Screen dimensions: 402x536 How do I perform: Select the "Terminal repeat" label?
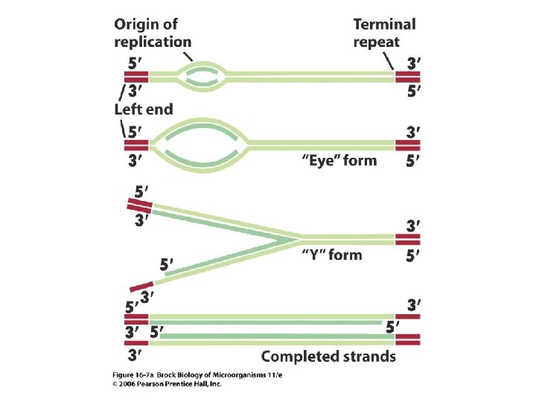(x=385, y=33)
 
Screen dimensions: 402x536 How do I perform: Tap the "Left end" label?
(x=144, y=109)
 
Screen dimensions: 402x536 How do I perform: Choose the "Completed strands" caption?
(x=328, y=357)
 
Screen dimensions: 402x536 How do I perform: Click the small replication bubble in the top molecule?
(x=202, y=75)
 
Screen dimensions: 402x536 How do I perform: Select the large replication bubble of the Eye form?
(x=202, y=144)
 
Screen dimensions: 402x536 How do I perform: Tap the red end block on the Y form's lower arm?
(x=141, y=286)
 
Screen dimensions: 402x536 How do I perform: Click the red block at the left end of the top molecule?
(x=137, y=75)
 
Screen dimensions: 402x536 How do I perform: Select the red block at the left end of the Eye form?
(x=137, y=144)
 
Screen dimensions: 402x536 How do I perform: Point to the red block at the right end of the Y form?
(x=408, y=239)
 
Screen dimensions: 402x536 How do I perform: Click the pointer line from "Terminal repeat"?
(x=389, y=60)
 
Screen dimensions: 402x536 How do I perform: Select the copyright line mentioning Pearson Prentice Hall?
(x=167, y=384)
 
